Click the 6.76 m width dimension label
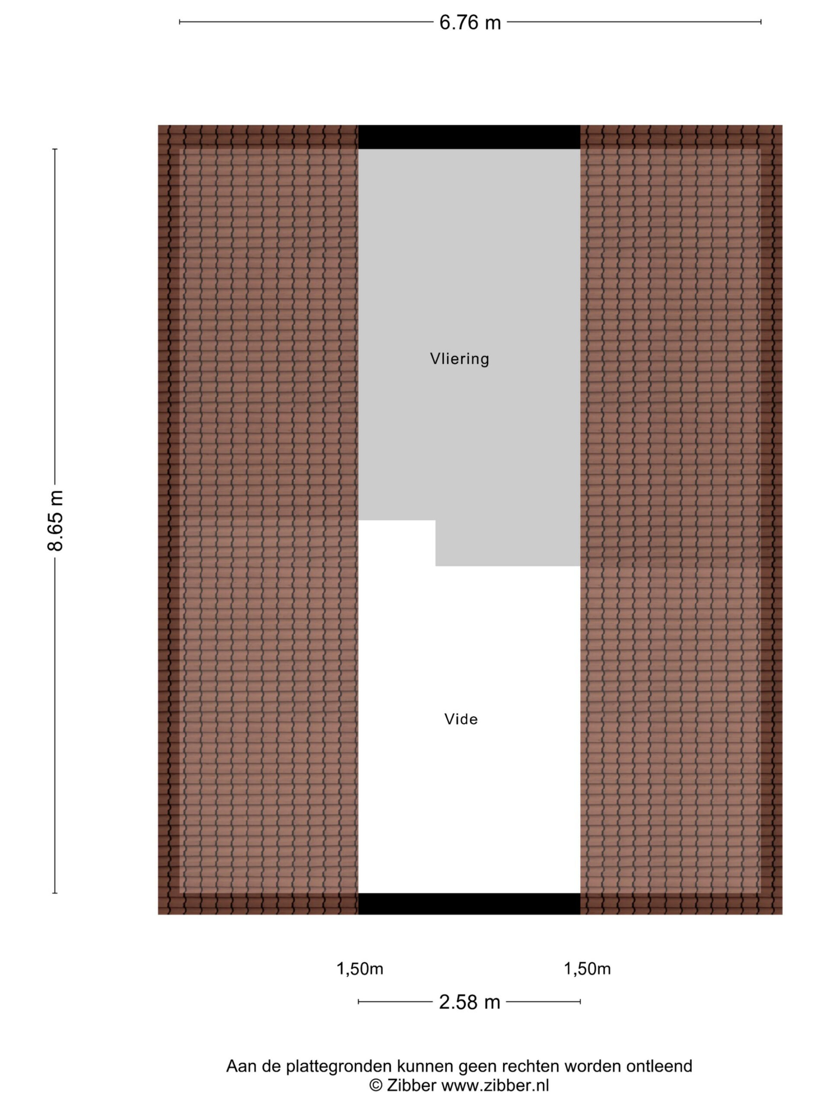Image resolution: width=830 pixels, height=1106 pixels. tap(470, 22)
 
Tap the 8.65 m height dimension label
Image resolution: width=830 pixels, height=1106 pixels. tap(55, 521)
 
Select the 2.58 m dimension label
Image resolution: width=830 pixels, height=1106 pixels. tap(470, 1002)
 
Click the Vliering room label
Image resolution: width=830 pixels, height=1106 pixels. tap(459, 359)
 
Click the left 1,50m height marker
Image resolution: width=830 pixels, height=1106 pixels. tap(360, 969)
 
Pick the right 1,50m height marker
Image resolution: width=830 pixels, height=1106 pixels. tap(587, 969)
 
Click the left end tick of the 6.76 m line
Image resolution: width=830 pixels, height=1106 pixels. tap(179, 22)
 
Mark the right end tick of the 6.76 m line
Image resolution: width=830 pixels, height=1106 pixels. tap(760, 22)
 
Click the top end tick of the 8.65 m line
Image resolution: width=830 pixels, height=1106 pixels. tap(55, 149)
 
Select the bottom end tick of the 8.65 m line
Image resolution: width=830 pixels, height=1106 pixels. tap(55, 893)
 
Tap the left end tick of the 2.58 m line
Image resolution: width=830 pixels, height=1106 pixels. tap(358, 1002)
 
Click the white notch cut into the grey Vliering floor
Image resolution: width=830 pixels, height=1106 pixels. tap(397, 543)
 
